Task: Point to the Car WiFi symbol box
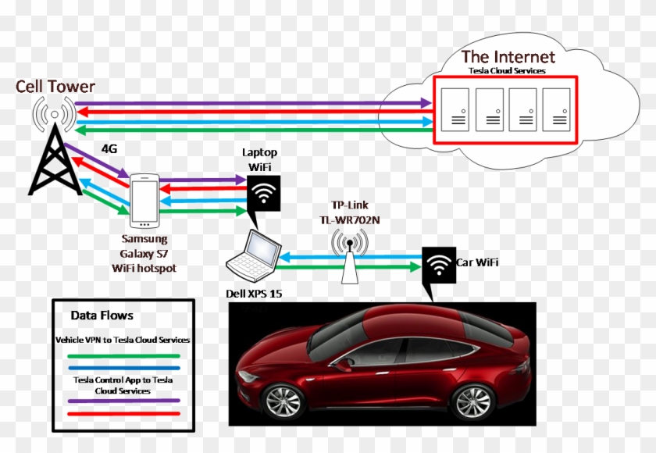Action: click(438, 265)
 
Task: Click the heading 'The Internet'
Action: click(508, 56)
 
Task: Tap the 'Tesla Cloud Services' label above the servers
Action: click(507, 71)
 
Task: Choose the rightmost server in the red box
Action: click(558, 109)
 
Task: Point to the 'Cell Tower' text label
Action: click(55, 86)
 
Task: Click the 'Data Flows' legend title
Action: click(102, 316)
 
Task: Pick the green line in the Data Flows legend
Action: click(123, 355)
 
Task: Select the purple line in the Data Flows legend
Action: click(123, 401)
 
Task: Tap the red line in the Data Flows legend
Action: click(123, 413)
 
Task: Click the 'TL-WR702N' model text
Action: click(349, 220)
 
